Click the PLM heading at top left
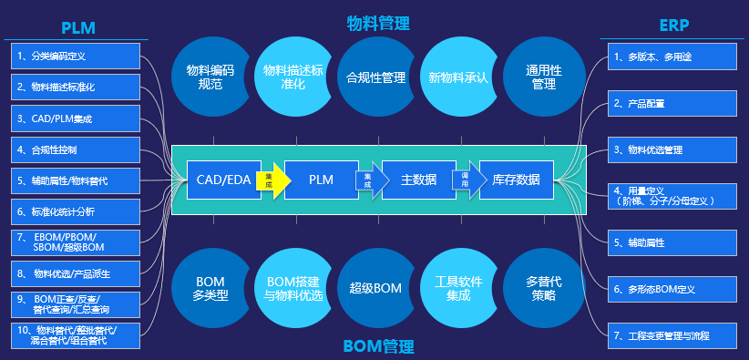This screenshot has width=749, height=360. click(x=77, y=26)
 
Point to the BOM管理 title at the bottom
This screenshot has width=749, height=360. click(x=378, y=346)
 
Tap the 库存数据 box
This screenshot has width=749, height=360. click(x=516, y=180)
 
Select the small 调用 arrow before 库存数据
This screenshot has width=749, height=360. click(x=466, y=180)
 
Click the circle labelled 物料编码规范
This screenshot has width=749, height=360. click(x=210, y=77)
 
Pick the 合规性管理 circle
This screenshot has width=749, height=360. click(x=376, y=77)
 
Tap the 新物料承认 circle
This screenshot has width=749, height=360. click(x=458, y=77)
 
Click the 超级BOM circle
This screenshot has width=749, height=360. click(x=374, y=289)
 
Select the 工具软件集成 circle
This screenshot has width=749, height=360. click(x=458, y=289)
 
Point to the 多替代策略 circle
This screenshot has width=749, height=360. click(x=541, y=289)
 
